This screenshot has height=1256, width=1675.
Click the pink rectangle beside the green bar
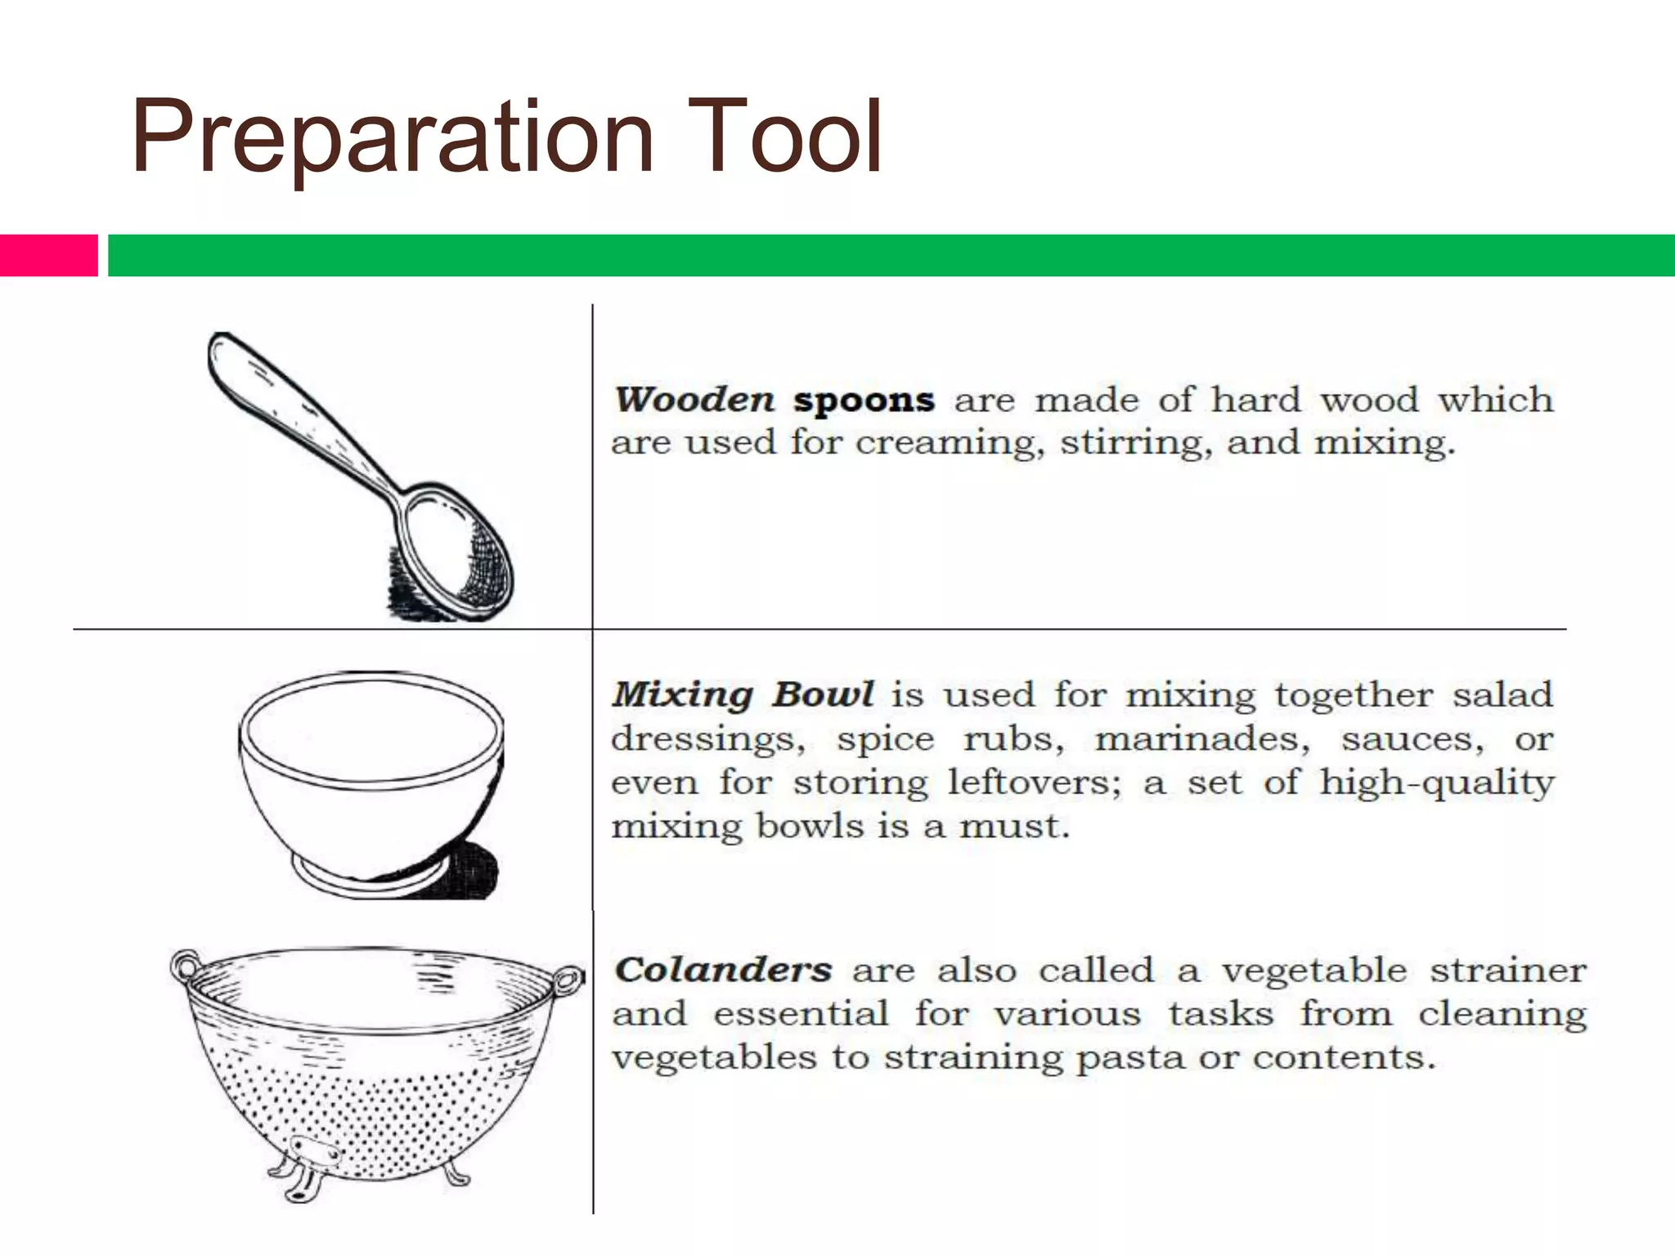tap(48, 255)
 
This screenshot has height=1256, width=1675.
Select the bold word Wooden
tap(694, 400)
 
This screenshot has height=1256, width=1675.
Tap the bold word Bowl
tap(823, 695)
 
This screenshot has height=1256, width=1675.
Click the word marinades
tap(1202, 739)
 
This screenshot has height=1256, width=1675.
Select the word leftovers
tap(1035, 783)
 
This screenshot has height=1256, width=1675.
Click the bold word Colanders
tap(723, 971)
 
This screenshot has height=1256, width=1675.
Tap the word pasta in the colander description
tap(1129, 1057)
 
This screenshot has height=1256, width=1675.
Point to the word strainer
tap(1507, 971)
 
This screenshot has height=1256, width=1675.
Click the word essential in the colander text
tap(801, 1014)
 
